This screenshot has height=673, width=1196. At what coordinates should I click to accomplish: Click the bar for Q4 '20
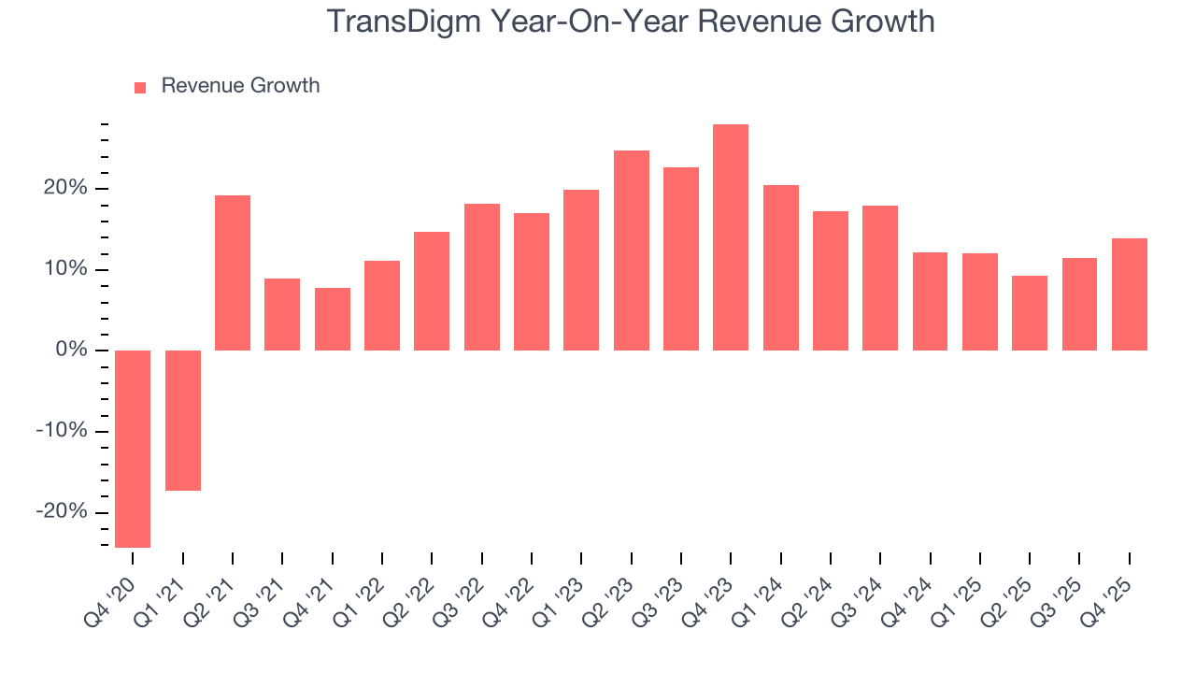[x=133, y=449]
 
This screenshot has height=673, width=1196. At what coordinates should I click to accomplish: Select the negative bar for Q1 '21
[x=183, y=421]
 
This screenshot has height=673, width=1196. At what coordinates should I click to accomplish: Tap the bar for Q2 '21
[x=233, y=273]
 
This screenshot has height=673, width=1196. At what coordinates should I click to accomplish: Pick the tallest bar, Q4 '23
[x=731, y=237]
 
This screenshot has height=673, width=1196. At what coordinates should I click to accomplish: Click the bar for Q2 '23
[x=632, y=251]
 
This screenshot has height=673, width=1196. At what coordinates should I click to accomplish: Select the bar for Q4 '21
[x=333, y=319]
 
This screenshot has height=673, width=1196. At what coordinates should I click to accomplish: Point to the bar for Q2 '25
[x=1030, y=313]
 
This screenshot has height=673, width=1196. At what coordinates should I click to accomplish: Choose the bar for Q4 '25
[x=1130, y=294]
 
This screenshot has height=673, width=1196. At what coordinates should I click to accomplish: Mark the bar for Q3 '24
[x=880, y=278]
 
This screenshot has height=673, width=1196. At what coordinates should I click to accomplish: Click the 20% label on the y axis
[x=65, y=189]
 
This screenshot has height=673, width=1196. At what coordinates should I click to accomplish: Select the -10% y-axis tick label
[x=63, y=431]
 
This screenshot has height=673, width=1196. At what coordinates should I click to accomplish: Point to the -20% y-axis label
[x=63, y=512]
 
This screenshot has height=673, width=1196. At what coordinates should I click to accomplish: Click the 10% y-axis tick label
[x=65, y=270]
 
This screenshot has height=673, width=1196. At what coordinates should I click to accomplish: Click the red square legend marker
[x=140, y=88]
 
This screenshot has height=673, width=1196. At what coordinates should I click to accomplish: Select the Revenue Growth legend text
[x=240, y=86]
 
